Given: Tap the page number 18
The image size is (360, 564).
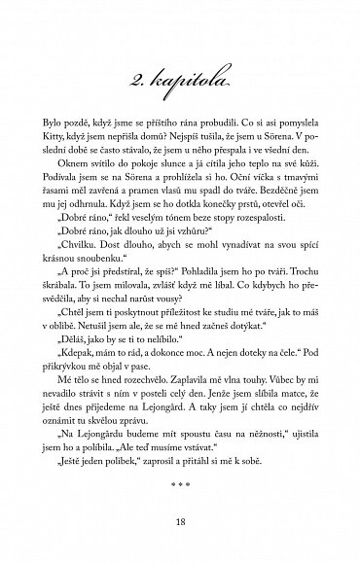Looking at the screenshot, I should [x=180, y=526].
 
